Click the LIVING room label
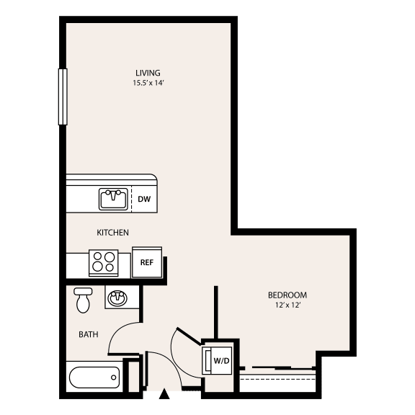click(x=148, y=73)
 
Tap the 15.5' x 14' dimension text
click(x=148, y=83)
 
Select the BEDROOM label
click(x=287, y=295)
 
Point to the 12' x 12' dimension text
click(x=288, y=305)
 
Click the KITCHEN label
click(x=112, y=233)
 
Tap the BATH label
click(x=89, y=334)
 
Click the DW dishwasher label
click(x=144, y=199)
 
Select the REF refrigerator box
click(x=147, y=262)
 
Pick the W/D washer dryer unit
click(x=217, y=360)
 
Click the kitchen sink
click(x=113, y=199)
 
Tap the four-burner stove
click(x=104, y=263)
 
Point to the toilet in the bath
click(x=83, y=300)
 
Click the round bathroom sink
click(x=117, y=298)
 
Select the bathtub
click(x=94, y=378)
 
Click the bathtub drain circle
click(x=114, y=378)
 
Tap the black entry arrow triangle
click(x=164, y=394)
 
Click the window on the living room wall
click(x=63, y=97)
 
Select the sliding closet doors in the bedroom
click(x=278, y=368)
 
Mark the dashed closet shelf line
click(x=278, y=379)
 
